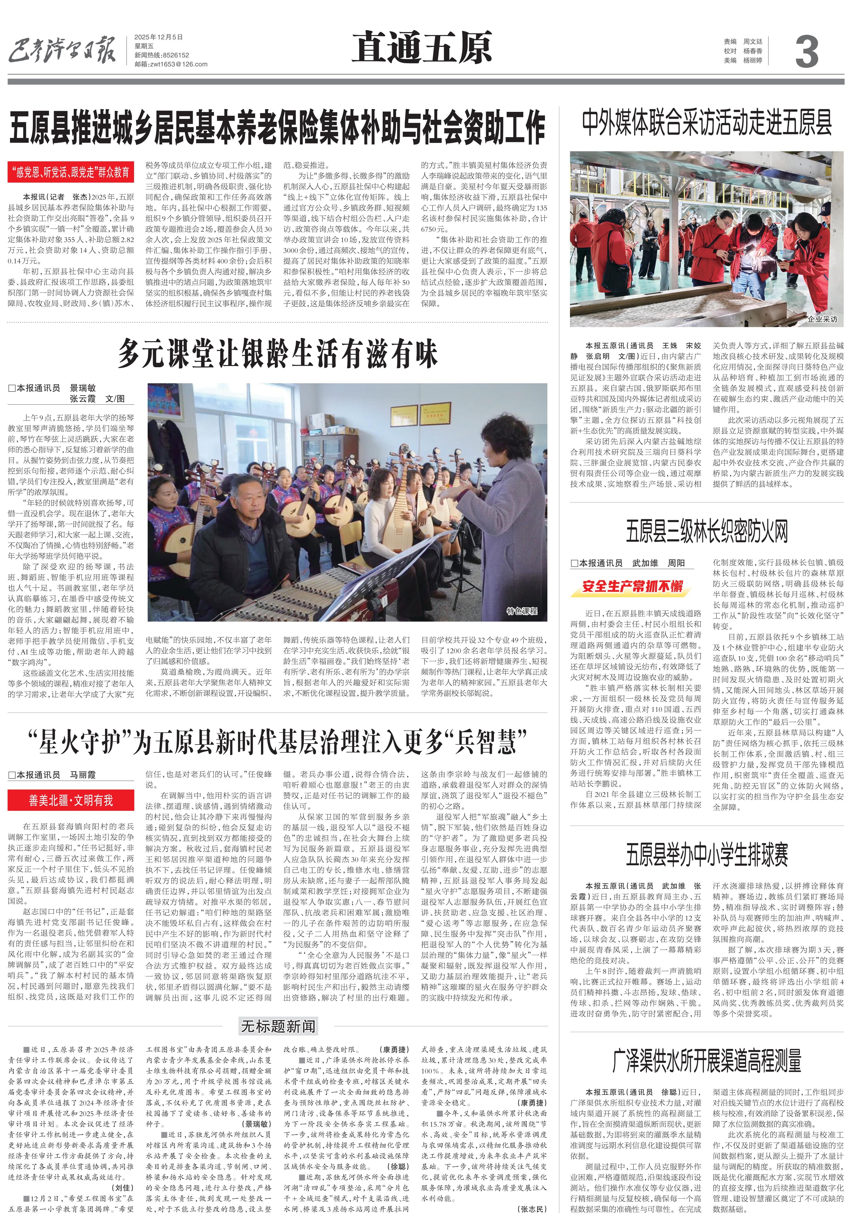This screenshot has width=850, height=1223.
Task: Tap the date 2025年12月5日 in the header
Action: [x=158, y=37]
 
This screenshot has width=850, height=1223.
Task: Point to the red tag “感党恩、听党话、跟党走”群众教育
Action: [x=71, y=172]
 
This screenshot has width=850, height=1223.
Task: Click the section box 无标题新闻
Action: [x=278, y=1026]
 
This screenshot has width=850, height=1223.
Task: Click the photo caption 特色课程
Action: [x=521, y=611]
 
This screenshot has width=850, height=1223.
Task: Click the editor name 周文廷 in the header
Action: [x=752, y=41]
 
